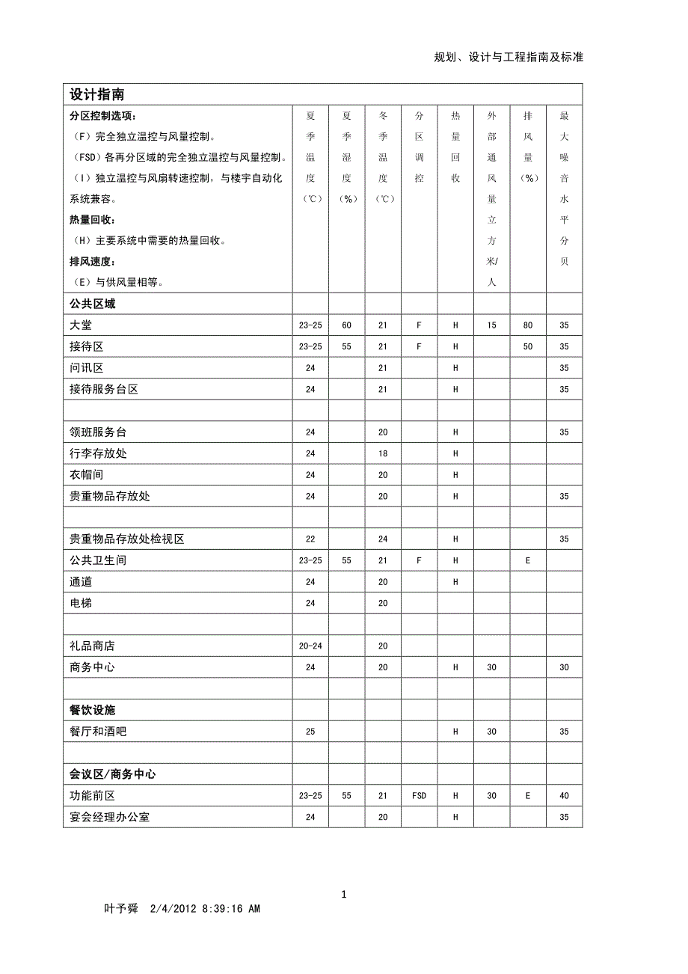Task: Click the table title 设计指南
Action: tap(96, 94)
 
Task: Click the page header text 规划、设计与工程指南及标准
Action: tap(509, 57)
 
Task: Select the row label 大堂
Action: tap(81, 325)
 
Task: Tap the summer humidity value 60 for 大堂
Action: tap(346, 325)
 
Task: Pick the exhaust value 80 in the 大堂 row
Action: tap(528, 325)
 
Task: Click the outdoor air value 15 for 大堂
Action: tap(491, 325)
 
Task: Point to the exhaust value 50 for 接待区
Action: tap(528, 346)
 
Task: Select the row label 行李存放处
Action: tap(98, 453)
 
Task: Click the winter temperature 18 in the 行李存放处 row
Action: tap(383, 453)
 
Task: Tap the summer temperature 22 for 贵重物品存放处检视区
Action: tap(310, 539)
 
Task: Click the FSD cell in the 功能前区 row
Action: tap(419, 796)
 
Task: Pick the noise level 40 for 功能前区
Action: tap(564, 796)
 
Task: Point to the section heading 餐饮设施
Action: tap(92, 710)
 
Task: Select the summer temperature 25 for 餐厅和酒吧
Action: tap(310, 732)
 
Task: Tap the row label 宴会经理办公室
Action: tap(109, 817)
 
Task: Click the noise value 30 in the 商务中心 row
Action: tap(564, 667)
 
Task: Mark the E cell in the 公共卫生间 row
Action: tap(528, 560)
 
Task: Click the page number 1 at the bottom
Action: tap(344, 894)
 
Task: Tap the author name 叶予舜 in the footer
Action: tap(121, 909)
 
